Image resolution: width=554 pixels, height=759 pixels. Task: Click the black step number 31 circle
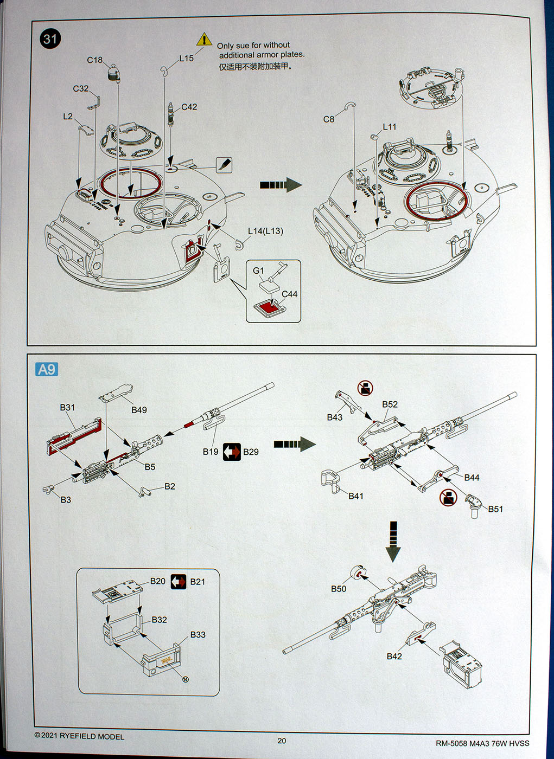50,39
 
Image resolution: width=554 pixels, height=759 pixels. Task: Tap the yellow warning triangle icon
204,40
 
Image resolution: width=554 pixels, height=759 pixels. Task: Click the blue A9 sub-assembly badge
47,369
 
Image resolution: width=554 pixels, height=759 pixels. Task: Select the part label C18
94,60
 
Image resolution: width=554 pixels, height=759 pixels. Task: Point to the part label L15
186,58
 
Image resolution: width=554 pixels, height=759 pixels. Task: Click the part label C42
189,107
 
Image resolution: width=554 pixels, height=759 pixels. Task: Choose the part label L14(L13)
265,231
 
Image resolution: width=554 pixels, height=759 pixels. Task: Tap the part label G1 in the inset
258,271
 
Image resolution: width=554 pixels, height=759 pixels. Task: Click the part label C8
329,119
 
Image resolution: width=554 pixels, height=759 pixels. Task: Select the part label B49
139,410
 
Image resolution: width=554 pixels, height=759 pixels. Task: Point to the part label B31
67,407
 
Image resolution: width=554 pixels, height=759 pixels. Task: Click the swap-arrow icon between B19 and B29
232,452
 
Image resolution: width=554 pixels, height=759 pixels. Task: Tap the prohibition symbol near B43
365,388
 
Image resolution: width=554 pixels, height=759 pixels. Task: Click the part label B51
495,509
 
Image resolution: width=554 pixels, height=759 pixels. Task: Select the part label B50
339,589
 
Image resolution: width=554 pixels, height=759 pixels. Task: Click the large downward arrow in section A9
393,541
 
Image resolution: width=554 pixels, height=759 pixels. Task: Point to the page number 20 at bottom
282,741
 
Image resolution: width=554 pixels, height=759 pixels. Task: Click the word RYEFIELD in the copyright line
78,736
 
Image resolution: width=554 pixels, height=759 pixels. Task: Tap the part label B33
198,634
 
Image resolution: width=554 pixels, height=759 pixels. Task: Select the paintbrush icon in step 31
224,165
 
